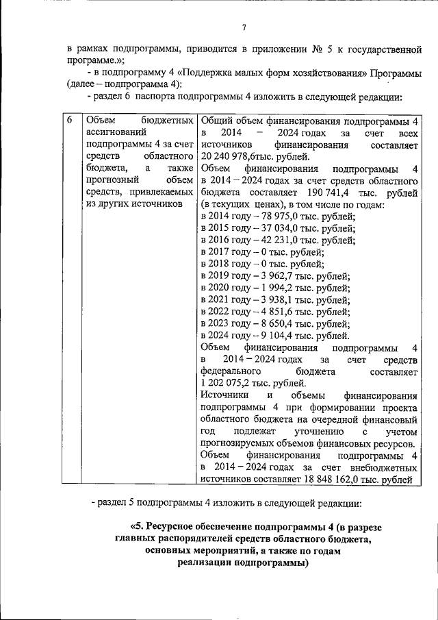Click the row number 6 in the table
[x=70, y=120]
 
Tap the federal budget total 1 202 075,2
[x=230, y=383]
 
